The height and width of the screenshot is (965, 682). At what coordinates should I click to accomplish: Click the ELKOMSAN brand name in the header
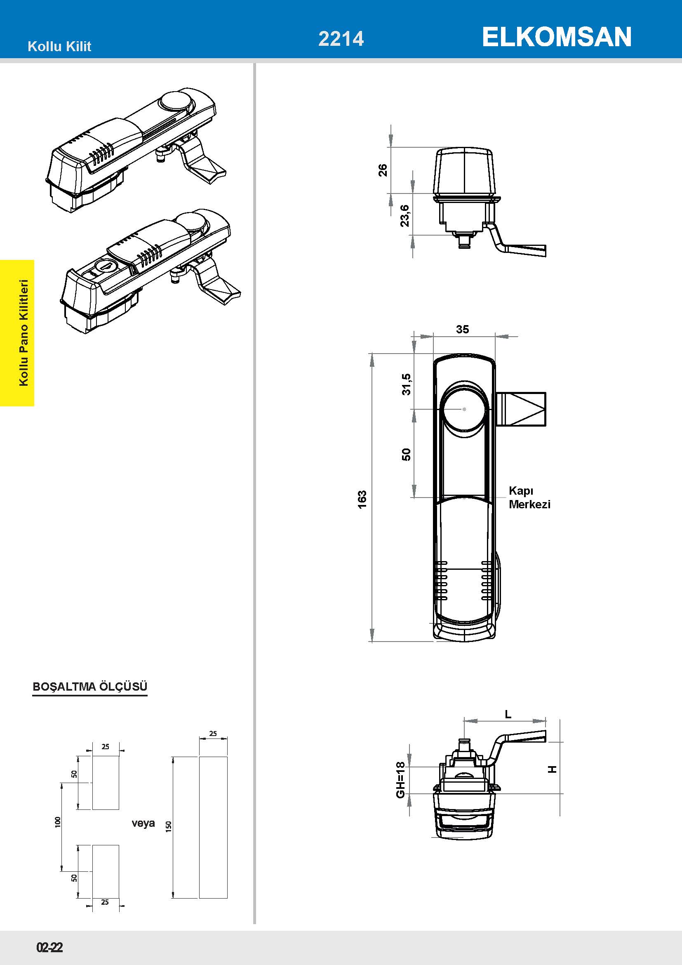coord(556,37)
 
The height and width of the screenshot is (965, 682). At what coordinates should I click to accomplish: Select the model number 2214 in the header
coord(341,39)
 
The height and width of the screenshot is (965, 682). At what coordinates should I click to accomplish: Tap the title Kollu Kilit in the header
coord(59,46)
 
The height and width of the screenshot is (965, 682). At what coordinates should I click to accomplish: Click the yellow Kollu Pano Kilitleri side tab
coord(17,333)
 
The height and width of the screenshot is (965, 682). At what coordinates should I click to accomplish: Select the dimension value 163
coord(362,499)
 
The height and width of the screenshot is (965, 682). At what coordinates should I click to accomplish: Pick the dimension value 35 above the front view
coord(462,329)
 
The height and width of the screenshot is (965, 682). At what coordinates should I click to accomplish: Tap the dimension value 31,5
coord(407,384)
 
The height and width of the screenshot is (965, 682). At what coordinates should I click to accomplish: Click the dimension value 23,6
coord(405,216)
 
